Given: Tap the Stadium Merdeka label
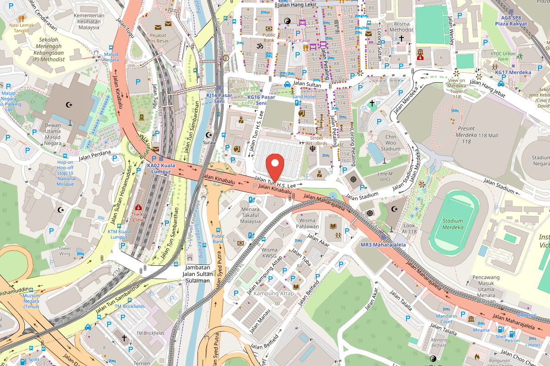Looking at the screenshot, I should pyautogui.click(x=452, y=224).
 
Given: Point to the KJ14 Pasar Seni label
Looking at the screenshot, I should pyautogui.click(x=220, y=97).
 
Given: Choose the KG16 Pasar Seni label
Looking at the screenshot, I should pyautogui.click(x=261, y=100).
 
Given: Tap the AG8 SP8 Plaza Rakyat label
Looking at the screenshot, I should pyautogui.click(x=512, y=21).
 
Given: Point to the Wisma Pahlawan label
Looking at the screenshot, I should pyautogui.click(x=307, y=223).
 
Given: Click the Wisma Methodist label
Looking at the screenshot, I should pyautogui.click(x=401, y=27).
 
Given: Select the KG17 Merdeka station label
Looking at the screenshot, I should pyautogui.click(x=513, y=72).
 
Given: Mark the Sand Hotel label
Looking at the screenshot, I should pyautogui.click(x=303, y=97).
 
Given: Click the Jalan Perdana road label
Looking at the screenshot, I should pyautogui.click(x=95, y=155).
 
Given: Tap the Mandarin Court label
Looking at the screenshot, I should pyautogui.click(x=446, y=319).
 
